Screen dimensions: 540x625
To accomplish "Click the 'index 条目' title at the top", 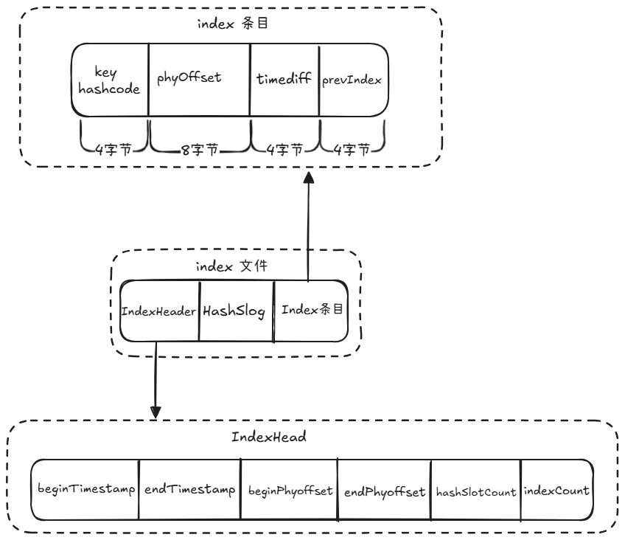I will [x=232, y=24].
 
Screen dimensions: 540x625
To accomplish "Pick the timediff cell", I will [x=284, y=80].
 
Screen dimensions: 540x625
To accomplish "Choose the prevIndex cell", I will [x=352, y=80].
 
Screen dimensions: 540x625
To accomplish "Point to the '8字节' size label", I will [x=199, y=150].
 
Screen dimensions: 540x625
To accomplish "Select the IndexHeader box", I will [x=159, y=311].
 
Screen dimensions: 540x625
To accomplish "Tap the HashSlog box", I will [x=236, y=311].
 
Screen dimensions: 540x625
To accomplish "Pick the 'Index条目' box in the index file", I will [x=310, y=311].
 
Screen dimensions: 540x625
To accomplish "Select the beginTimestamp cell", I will [x=85, y=490].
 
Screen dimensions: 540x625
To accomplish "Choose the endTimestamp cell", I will [x=189, y=490].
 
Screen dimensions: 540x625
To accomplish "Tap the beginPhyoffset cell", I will [x=289, y=490].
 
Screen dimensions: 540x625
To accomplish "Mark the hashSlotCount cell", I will [x=475, y=491].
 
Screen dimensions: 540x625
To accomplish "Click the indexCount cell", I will [x=556, y=490].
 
